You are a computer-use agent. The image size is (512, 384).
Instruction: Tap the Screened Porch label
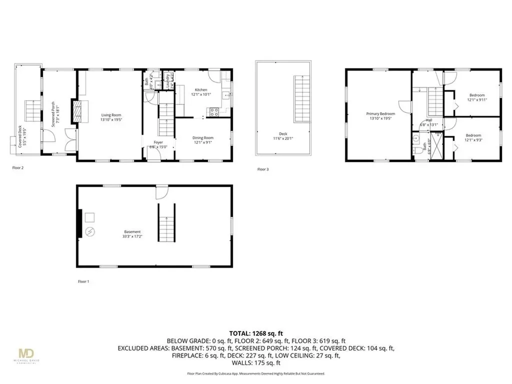(x=58, y=115)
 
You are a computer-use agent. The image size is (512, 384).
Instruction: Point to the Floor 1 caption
(x=83, y=282)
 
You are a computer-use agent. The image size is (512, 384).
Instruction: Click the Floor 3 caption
(x=263, y=169)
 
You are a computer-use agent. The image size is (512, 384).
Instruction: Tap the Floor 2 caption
(x=18, y=168)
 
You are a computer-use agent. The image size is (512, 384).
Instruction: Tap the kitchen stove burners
(x=214, y=112)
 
